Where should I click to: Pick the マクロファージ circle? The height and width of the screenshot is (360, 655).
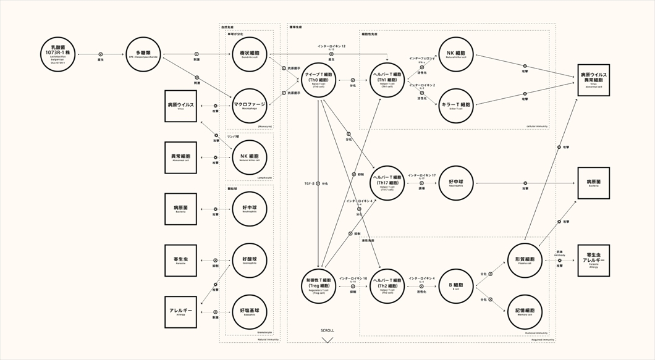pos(249,106)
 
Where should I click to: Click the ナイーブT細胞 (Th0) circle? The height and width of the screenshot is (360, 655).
pos(319,80)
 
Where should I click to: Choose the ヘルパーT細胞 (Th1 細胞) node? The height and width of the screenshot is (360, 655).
pos(388,80)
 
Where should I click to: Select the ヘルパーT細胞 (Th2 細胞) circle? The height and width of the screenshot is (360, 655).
pos(388,286)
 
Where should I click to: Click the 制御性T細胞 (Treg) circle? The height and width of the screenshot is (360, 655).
pos(319,286)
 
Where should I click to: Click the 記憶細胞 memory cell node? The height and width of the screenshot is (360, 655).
pos(525,312)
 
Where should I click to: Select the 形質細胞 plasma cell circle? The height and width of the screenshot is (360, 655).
pos(525,260)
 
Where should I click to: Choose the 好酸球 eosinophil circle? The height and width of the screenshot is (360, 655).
pos(249,260)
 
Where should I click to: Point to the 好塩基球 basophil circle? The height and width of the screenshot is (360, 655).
pos(249,312)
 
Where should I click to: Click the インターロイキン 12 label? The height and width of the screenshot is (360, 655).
pos(331,46)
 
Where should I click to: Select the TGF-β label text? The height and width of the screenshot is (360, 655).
pos(310,183)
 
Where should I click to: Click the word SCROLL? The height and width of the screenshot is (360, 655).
pos(327,330)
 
